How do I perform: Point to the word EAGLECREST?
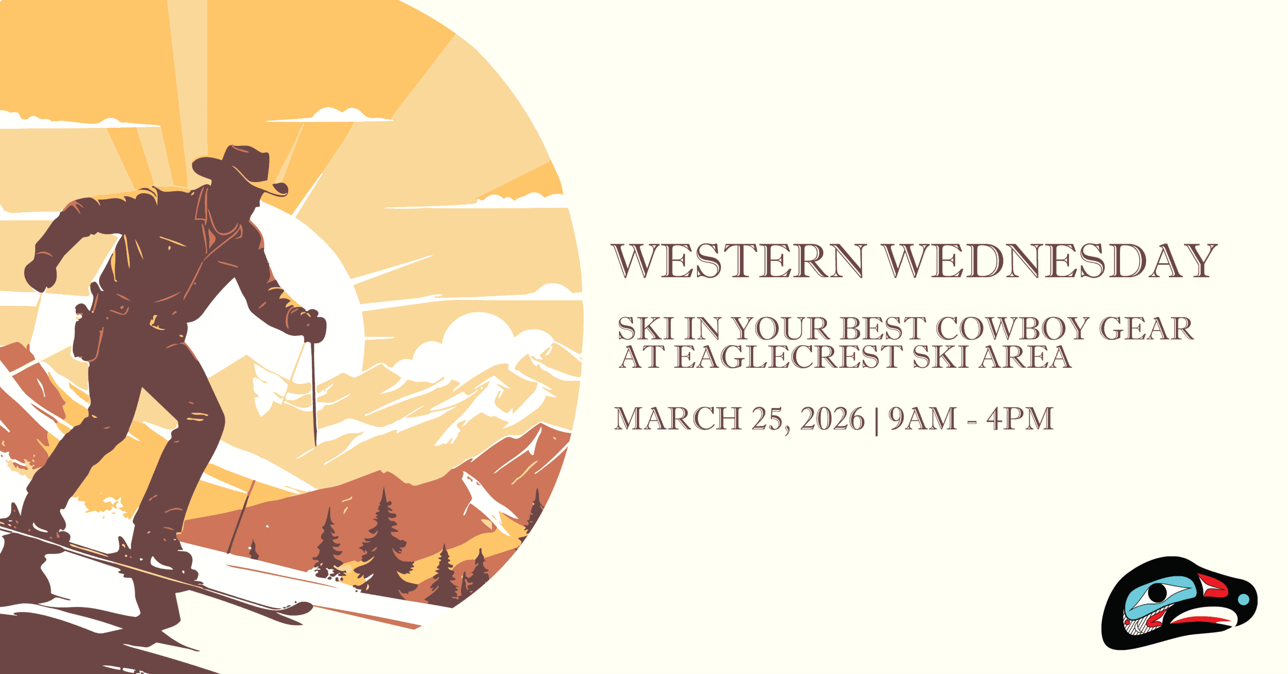coord(788,357)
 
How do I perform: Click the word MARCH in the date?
coord(678,418)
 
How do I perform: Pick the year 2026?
coord(832,418)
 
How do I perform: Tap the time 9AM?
coord(923,418)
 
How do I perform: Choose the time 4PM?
coord(1020,418)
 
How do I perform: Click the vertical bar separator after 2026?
coord(876,420)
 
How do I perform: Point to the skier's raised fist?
coord(40,274)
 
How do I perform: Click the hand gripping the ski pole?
coord(308,324)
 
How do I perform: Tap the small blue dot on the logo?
coord(1243,600)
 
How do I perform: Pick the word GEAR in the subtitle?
coord(1146,328)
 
